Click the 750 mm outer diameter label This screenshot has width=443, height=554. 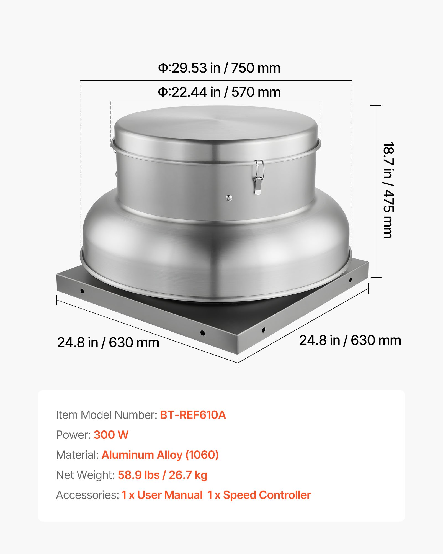(x=219, y=68)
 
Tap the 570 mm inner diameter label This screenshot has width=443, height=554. (x=219, y=92)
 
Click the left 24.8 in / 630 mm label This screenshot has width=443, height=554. (x=108, y=343)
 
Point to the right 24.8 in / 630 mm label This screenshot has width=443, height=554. (x=350, y=340)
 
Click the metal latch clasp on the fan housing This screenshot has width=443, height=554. (x=259, y=177)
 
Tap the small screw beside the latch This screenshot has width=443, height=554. (x=229, y=198)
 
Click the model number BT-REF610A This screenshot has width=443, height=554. (x=193, y=415)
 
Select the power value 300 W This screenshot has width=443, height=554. (x=111, y=435)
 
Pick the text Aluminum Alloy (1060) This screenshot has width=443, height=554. (x=160, y=455)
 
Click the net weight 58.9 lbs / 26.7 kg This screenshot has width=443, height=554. (x=163, y=475)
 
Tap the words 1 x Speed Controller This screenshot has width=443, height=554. (x=259, y=495)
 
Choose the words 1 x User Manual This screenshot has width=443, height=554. (x=162, y=495)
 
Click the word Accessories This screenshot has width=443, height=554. (x=87, y=495)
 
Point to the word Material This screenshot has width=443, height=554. (x=77, y=455)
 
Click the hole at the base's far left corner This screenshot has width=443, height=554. (x=82, y=291)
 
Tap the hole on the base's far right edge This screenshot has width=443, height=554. (x=351, y=280)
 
